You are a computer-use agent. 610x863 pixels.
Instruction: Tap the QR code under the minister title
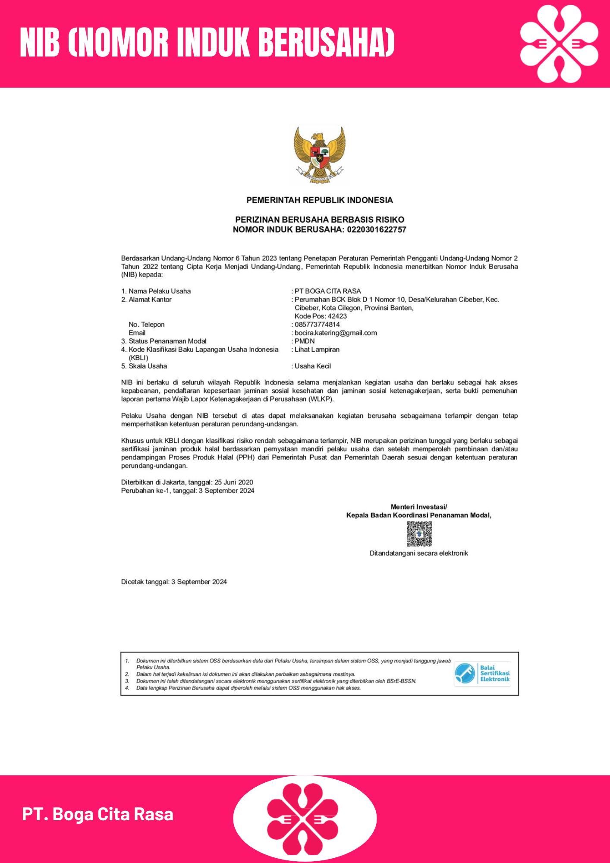pos(419,534)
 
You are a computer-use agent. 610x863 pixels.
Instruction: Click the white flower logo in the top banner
pos(559,44)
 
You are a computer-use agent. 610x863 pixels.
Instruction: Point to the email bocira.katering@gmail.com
pos(336,333)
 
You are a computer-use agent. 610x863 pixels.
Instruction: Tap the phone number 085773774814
pos(317,324)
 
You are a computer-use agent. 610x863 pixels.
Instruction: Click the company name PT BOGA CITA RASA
pos(328,291)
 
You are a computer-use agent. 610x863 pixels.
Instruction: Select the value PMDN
pos(305,341)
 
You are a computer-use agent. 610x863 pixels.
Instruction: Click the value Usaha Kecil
pos(313,366)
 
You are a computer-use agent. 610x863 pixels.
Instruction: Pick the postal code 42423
pos(337,316)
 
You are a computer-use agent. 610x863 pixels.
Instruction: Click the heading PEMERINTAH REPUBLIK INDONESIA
pos(320,200)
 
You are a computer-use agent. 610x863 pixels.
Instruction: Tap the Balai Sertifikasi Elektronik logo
pos(482,673)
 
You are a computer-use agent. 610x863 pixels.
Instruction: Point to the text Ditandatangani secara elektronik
pos(418,553)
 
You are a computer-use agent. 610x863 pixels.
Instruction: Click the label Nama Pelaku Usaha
pos(160,291)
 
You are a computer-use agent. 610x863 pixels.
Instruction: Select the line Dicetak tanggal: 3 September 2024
pos(174,582)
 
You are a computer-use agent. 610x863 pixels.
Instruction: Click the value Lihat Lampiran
pos(317,350)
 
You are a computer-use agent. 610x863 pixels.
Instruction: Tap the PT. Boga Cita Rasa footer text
pos(98,814)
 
